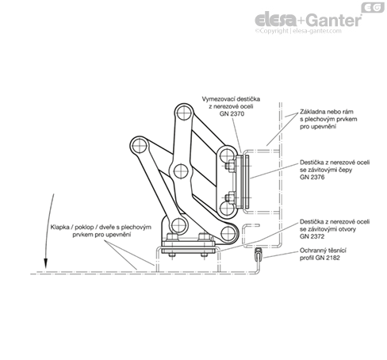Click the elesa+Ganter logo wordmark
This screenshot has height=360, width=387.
[x=308, y=20]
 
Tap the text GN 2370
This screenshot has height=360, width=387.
[x=232, y=114]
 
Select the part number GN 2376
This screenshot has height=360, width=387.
[x=312, y=177]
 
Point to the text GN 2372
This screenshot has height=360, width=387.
[x=312, y=236]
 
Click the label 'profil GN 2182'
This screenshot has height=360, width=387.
[x=320, y=258]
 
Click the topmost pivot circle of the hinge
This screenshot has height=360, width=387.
[x=184, y=113]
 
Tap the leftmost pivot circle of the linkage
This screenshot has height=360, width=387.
[x=139, y=146]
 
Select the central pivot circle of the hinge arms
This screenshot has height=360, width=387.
[x=181, y=170]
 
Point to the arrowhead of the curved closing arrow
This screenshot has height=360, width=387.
[x=46, y=263]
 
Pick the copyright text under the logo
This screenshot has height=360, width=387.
[x=298, y=31]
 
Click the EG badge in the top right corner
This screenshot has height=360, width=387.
[x=373, y=7]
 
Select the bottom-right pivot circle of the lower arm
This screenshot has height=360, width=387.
[x=228, y=234]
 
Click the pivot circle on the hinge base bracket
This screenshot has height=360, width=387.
[x=178, y=225]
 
